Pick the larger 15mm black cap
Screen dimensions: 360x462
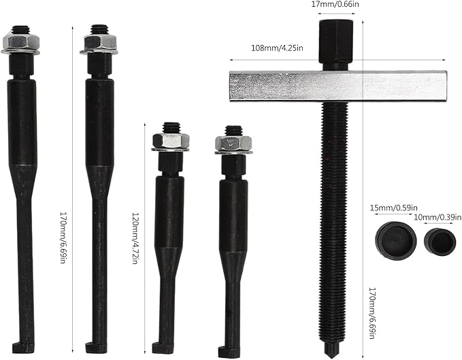391,239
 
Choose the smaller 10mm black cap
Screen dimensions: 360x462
440,241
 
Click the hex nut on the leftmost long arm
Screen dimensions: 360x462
20,44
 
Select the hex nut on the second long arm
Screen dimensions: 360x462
99,44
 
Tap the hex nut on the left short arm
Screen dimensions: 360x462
170,140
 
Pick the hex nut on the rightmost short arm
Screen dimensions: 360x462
233,142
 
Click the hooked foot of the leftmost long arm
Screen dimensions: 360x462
21,346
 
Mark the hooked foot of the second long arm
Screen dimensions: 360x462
96,346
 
